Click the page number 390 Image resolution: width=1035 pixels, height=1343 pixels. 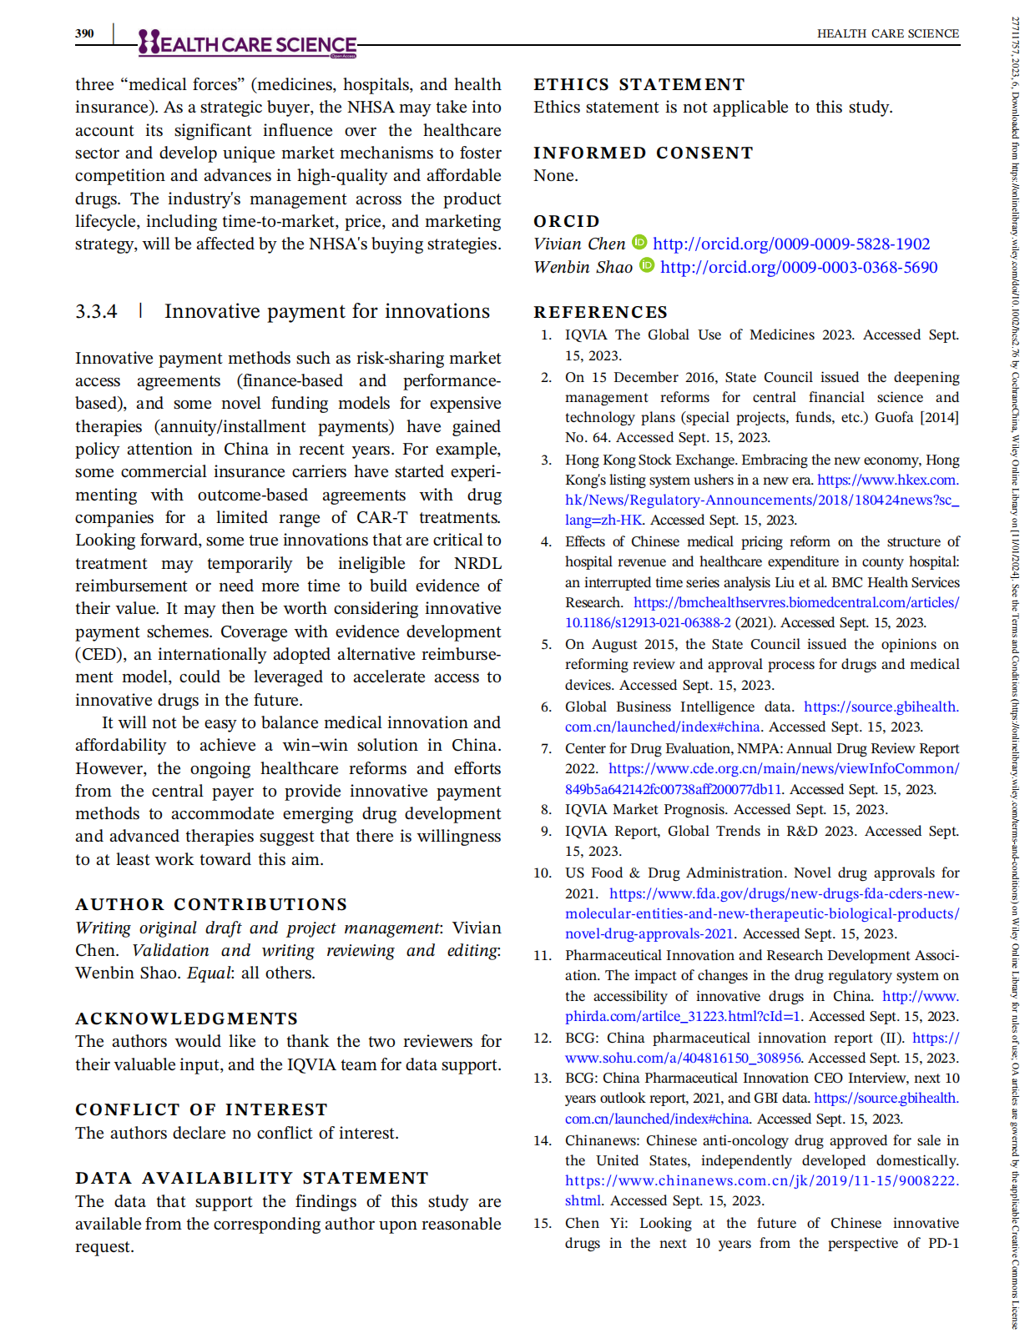point(84,33)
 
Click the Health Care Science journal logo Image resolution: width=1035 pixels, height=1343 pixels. point(248,43)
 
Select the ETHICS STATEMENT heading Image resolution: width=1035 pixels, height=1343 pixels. point(639,84)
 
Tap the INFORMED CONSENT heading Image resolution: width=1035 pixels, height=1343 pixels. point(643,153)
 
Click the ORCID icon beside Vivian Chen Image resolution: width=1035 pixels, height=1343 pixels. point(639,243)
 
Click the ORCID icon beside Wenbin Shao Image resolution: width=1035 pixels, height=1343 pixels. point(647,266)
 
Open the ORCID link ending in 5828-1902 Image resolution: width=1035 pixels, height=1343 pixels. point(790,244)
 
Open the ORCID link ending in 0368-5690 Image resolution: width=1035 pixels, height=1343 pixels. point(798,267)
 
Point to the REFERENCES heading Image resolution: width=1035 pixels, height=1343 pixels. point(600,312)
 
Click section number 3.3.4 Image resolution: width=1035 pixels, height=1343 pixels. point(96,311)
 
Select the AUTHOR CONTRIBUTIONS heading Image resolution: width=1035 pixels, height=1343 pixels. point(211,904)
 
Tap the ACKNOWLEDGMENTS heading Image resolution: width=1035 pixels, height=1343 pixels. point(186,1019)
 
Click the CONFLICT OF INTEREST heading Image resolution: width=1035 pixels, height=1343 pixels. point(201,1109)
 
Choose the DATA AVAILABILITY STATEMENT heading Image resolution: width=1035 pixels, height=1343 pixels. point(251,1178)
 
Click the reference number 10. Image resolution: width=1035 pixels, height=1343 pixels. point(543,873)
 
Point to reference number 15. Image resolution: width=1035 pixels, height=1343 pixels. point(543,1223)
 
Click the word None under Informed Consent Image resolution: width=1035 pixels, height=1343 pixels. point(555,175)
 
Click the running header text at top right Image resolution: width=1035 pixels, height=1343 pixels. point(887,33)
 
